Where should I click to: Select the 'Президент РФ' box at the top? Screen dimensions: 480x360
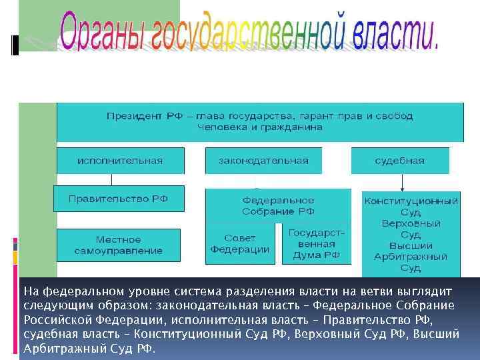click(x=260, y=121)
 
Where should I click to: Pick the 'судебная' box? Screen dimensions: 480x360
click(x=400, y=161)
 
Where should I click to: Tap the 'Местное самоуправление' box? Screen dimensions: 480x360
click(x=119, y=245)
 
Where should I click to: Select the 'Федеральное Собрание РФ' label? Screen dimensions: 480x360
click(x=279, y=205)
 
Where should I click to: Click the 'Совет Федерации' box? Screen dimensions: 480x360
click(x=239, y=244)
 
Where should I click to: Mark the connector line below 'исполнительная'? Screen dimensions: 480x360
click(x=111, y=180)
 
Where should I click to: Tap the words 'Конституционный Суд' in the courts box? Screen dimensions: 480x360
click(x=411, y=206)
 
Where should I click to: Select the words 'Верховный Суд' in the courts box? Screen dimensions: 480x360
click(x=411, y=229)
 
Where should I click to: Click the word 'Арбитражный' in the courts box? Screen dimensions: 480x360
click(x=411, y=257)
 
